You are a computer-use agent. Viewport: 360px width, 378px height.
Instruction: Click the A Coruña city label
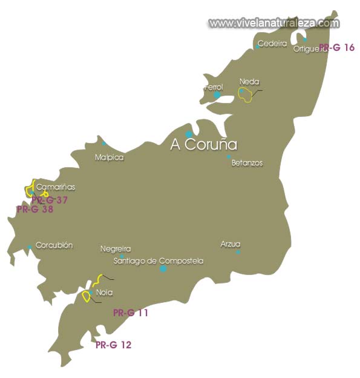click(203, 145)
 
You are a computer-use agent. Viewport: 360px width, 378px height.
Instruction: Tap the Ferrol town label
click(214, 87)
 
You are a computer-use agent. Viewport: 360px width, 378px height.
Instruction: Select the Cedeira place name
click(272, 44)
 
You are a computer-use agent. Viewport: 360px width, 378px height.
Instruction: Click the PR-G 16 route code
click(337, 47)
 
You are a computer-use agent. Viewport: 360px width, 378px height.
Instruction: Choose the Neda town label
click(249, 82)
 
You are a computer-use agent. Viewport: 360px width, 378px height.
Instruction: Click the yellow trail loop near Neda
click(248, 95)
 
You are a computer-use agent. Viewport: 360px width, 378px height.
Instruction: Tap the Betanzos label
click(247, 163)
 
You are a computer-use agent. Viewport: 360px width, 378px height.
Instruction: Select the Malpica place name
click(109, 157)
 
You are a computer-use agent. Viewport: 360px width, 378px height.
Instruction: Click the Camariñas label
click(56, 187)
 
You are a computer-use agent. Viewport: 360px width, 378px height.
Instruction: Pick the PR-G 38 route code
click(35, 210)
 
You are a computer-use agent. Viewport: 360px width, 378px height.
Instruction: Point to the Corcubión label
click(54, 245)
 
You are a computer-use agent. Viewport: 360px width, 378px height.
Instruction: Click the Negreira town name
click(116, 249)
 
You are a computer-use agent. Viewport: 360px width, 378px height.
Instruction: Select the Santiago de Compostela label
click(159, 261)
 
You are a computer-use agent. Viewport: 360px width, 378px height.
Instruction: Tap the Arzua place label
click(231, 244)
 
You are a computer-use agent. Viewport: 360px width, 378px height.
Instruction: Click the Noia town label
click(104, 293)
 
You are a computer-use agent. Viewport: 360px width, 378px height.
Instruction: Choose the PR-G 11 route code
click(131, 313)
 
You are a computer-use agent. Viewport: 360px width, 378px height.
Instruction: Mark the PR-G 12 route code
click(113, 345)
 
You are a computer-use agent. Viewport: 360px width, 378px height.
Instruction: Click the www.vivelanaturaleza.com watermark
click(274, 23)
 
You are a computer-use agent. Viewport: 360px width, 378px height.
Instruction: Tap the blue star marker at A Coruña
click(189, 134)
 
